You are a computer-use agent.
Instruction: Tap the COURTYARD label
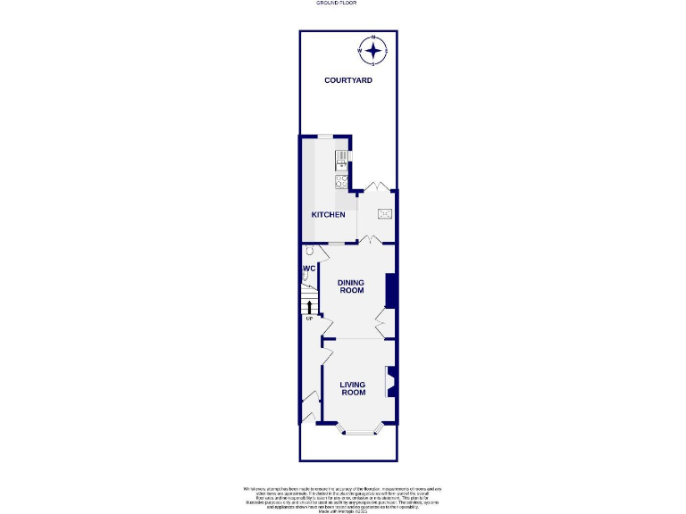[348, 80]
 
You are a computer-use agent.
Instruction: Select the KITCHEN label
[328, 214]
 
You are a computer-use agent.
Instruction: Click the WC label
[308, 268]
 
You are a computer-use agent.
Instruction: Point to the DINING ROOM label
[351, 286]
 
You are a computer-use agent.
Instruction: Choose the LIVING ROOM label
[353, 388]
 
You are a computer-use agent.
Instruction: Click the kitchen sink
[340, 161]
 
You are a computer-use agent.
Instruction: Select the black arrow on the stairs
[310, 309]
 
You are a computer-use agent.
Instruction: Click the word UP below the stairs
[310, 319]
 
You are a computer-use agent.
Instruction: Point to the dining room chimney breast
[391, 289]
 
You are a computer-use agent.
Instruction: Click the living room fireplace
[389, 382]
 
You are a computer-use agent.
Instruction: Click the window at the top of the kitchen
[327, 136]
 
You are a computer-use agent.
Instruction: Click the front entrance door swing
[309, 407]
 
